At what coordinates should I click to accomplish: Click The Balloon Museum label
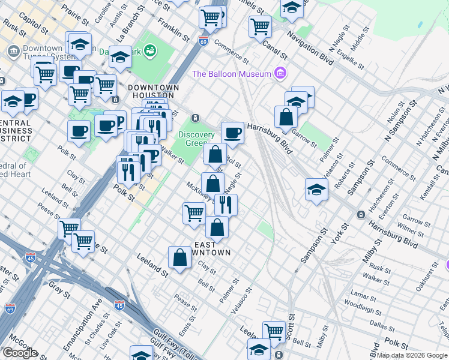point(231,74)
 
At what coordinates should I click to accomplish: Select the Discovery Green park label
point(196,139)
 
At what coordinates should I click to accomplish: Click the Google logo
point(20,353)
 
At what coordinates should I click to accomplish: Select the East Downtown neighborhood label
point(211,248)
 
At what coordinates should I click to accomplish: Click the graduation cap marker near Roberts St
point(316,190)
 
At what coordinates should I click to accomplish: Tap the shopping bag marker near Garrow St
point(286,117)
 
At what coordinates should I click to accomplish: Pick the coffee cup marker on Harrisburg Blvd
point(232,133)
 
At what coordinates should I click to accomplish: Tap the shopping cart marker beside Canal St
point(260,26)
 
